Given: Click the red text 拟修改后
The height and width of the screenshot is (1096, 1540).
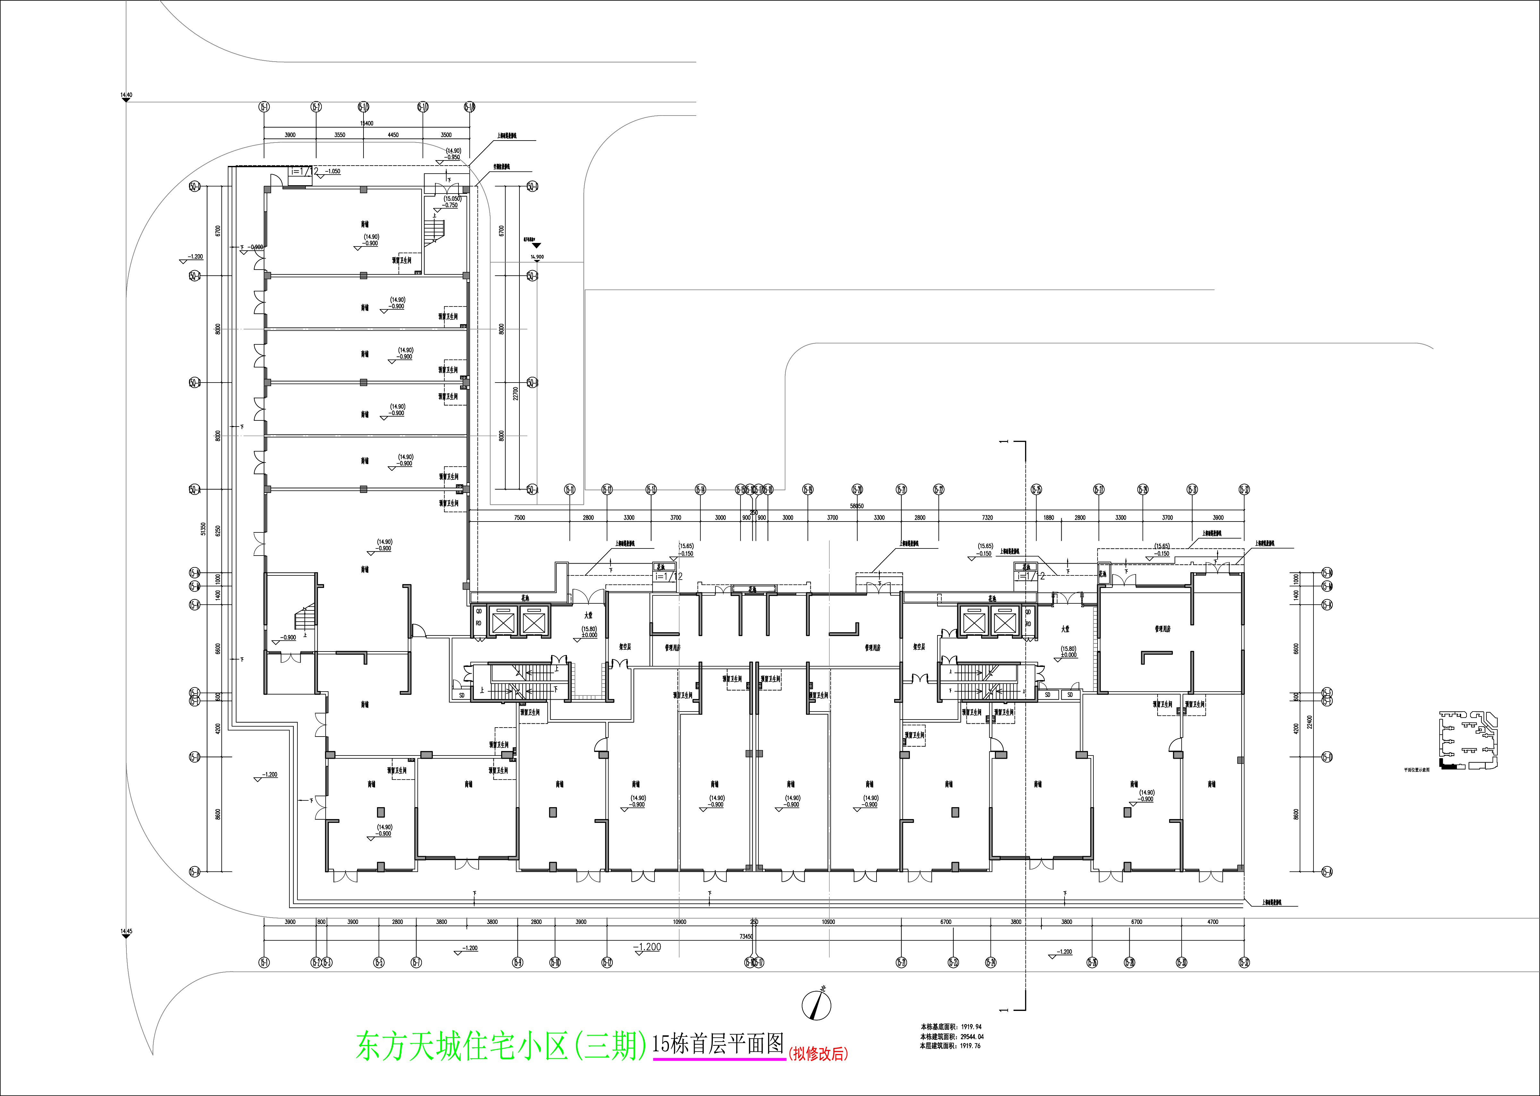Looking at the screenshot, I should [817, 1054].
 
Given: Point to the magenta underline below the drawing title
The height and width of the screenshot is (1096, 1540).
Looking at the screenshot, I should [719, 1059].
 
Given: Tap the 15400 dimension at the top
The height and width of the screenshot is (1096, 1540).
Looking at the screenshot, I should [366, 124].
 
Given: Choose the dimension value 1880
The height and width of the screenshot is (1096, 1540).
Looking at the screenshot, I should [1048, 518].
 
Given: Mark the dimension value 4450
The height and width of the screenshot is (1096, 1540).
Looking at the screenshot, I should [393, 135].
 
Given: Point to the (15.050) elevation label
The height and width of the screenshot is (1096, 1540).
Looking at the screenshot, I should [452, 198].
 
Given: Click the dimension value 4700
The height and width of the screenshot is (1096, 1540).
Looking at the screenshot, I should [1212, 922].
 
